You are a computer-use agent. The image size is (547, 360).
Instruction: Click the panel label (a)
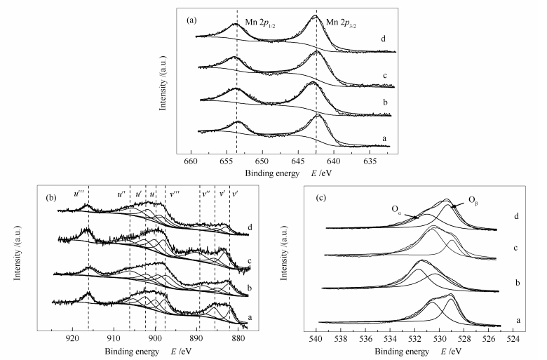pyautogui.click(x=191, y=20)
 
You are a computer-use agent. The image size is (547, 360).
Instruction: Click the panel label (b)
pyautogui.click(x=50, y=197)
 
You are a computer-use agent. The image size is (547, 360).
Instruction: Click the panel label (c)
pyautogui.click(x=319, y=196)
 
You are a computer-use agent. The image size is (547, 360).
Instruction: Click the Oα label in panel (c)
pyautogui.click(x=396, y=208)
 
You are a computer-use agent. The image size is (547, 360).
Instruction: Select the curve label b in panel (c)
pyautogui.click(x=517, y=282)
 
